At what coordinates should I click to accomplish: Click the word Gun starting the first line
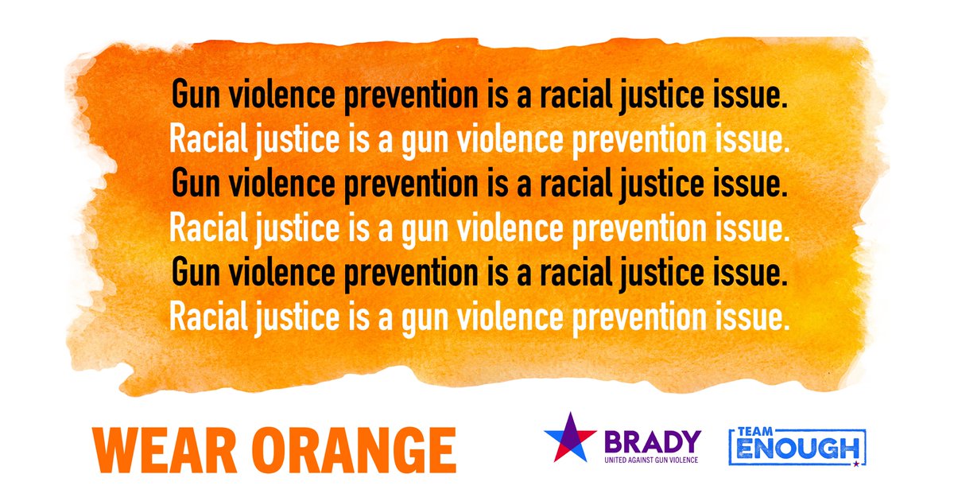pyautogui.click(x=196, y=97)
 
